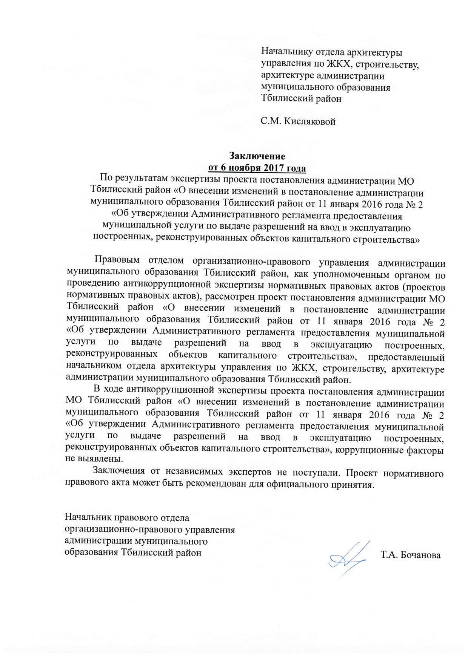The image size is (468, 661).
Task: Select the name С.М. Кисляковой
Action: coord(298,121)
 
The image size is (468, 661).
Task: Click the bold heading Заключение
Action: coord(257,156)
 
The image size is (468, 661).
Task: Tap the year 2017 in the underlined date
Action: coord(272,168)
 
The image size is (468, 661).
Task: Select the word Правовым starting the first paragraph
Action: coord(117,260)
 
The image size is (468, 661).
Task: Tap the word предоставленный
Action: coord(406,357)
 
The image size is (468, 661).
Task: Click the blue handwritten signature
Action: coord(347,559)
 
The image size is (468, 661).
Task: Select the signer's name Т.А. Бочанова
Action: coord(411,555)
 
